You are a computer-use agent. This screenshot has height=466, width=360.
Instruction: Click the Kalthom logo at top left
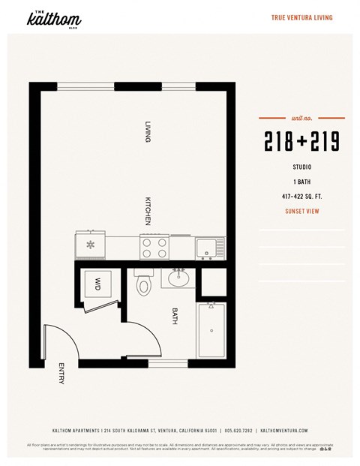[x=53, y=20]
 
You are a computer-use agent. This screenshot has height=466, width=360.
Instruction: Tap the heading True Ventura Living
[x=301, y=18]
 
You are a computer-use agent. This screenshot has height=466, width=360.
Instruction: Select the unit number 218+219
[x=301, y=141]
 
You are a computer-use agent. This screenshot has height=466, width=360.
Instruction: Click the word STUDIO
[x=301, y=167]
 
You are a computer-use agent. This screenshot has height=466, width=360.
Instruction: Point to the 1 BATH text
[x=301, y=182]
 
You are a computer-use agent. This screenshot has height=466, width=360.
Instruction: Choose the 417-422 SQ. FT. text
[x=301, y=197]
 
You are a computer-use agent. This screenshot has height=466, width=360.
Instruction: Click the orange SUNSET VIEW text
[x=301, y=212]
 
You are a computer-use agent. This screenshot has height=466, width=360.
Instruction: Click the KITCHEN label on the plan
[x=148, y=210]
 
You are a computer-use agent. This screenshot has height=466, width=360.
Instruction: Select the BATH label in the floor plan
[x=175, y=314]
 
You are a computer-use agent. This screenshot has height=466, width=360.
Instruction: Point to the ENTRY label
[x=61, y=374]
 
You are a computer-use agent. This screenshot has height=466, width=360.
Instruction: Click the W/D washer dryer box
[x=97, y=284]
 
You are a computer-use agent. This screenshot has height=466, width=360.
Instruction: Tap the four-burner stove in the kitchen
[x=155, y=246]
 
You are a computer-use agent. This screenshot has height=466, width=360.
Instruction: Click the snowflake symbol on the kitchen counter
[x=91, y=245]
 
